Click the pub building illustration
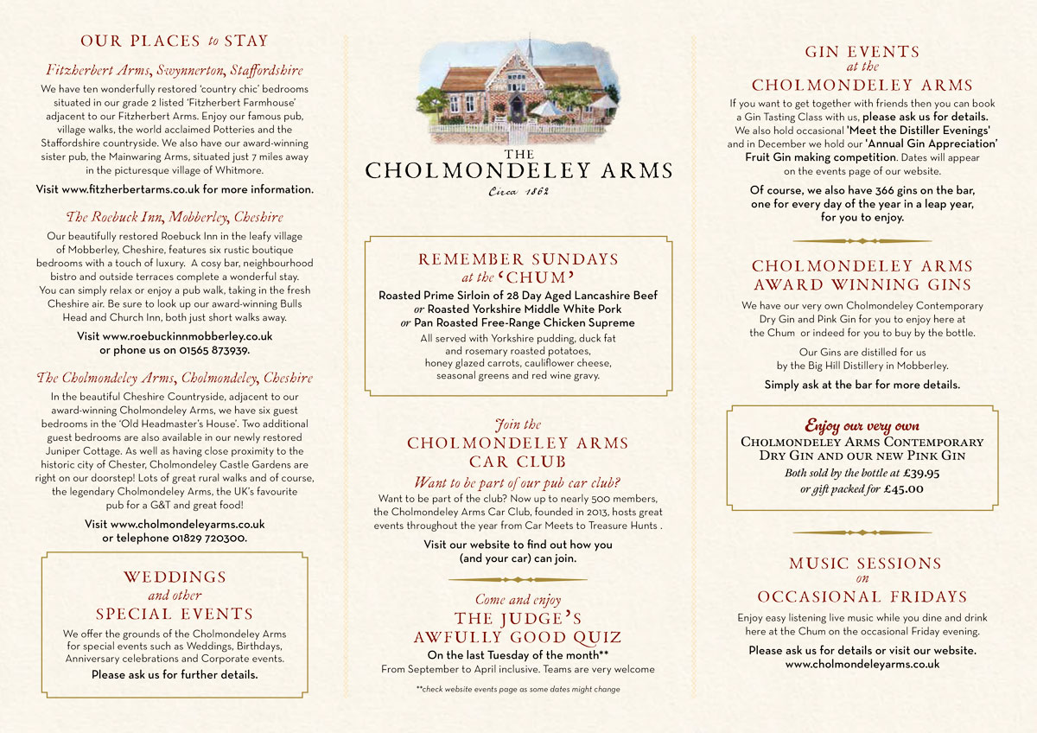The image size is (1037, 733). pos(518,90)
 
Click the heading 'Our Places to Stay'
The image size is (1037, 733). pos(175,41)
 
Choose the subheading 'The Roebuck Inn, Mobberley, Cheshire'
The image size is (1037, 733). pos(175,217)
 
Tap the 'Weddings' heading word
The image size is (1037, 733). pos(175,577)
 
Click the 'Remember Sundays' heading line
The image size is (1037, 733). pos(518,259)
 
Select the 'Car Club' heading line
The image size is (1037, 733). pos(518,462)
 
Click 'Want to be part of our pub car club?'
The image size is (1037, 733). pos(518,482)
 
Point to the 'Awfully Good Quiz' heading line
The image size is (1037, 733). pos(518,638)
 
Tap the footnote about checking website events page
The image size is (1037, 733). pos(518,689)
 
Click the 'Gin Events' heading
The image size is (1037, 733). pos(862,52)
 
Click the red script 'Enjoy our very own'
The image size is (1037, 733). pos(862,426)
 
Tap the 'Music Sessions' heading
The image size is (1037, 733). pos(865,564)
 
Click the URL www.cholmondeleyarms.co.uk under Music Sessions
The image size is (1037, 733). pos(862,665)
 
